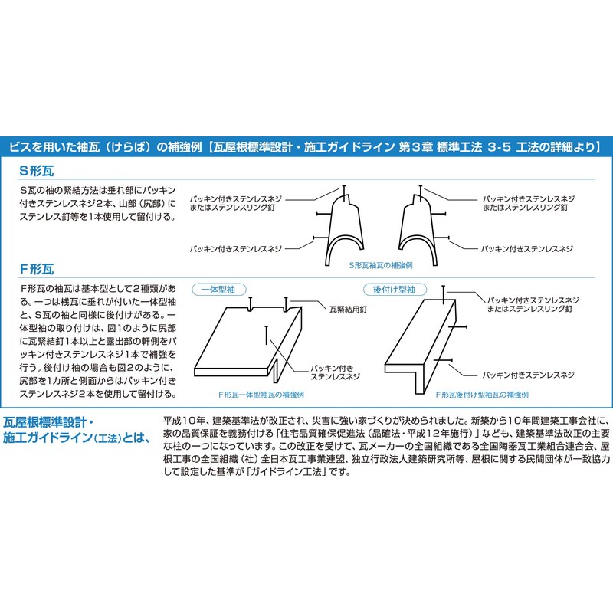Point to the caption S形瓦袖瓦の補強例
tap(381, 264)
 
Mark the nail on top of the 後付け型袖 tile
tap(444, 291)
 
